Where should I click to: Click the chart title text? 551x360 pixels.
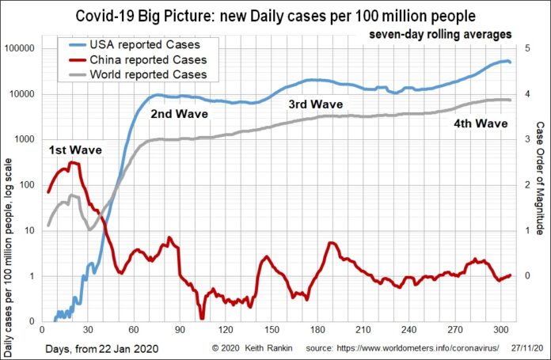point(275,15)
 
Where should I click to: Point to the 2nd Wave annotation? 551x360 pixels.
point(178,114)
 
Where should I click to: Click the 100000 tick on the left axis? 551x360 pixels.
point(21,48)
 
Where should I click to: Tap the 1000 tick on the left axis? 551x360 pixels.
point(26,139)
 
